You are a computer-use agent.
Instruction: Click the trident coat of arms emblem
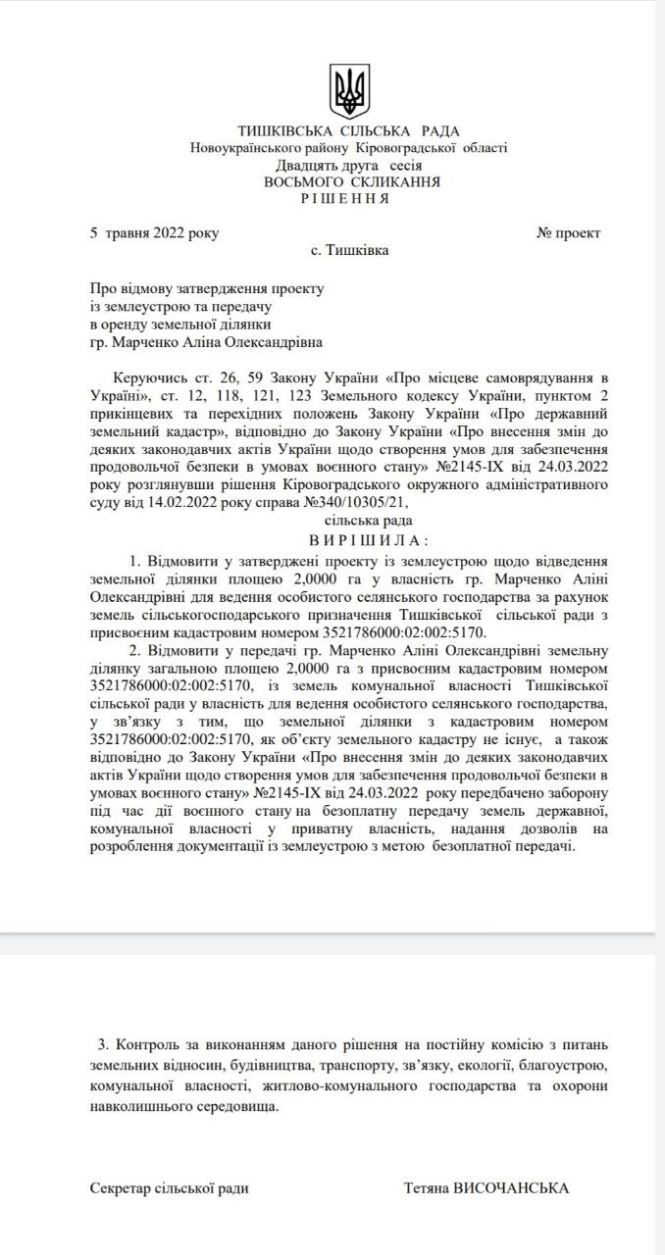click(x=348, y=90)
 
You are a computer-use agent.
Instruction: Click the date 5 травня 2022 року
click(x=155, y=233)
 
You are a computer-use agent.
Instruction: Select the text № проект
click(x=568, y=233)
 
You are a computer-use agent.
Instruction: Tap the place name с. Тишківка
click(x=349, y=250)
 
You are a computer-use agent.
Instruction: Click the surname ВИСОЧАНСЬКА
click(x=511, y=1188)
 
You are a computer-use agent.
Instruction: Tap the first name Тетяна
click(x=426, y=1188)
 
